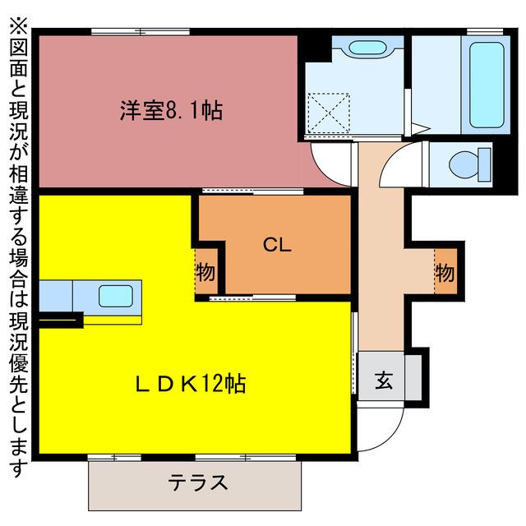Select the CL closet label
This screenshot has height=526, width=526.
tap(275, 244)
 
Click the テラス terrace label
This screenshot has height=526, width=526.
tap(197, 482)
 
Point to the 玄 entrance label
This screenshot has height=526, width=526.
tap(384, 380)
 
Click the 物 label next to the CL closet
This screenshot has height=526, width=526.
tap(205, 270)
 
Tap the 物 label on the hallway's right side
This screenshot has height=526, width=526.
tap(445, 270)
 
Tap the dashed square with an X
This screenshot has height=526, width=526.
tap(328, 112)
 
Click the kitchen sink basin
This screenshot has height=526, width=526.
tap(115, 295)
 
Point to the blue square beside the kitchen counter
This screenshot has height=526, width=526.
tap(55, 295)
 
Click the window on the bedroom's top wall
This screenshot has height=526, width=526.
tap(140, 31)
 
